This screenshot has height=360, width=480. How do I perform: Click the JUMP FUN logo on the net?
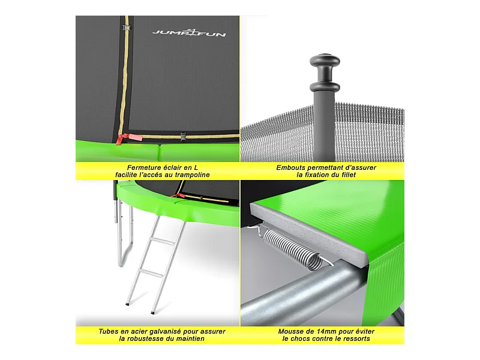coord(189,33)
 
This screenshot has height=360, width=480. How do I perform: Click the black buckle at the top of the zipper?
coord(127,28)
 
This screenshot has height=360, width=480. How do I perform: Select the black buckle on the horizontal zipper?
coord(183,137)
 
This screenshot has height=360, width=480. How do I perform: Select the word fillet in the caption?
coord(349,175)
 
